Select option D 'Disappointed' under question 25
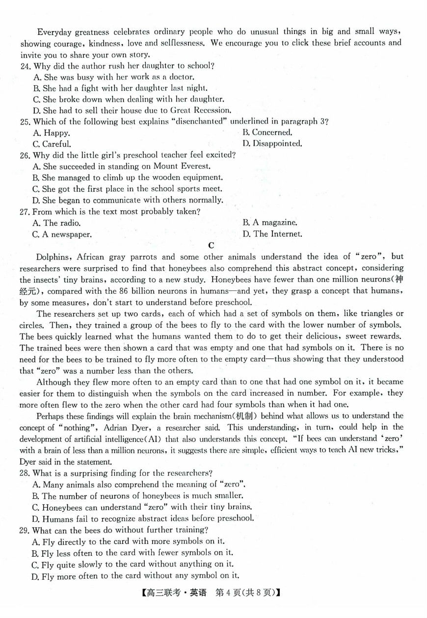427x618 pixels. pos(272,144)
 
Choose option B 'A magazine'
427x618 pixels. pos(270,223)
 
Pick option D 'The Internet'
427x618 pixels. pos(272,234)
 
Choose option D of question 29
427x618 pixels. pos(135,576)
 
